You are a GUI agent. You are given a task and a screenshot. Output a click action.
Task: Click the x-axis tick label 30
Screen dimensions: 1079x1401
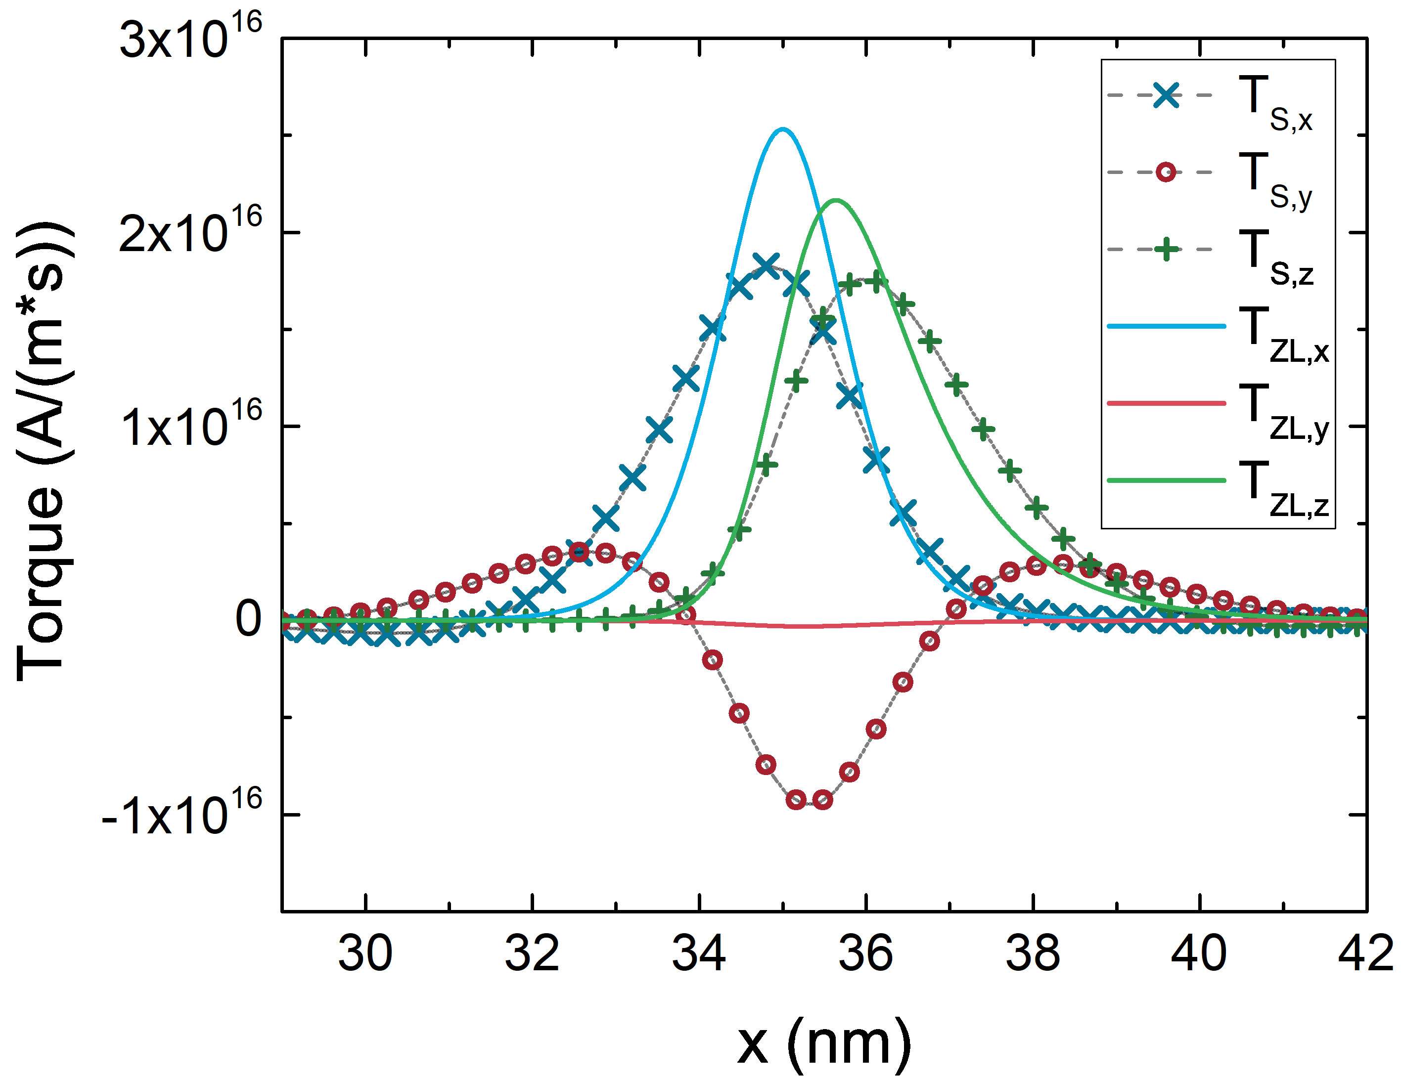coord(365,954)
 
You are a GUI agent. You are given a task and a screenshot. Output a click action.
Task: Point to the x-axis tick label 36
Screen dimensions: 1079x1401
coord(866,954)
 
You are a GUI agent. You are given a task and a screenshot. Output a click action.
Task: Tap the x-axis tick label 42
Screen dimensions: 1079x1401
coord(1365,954)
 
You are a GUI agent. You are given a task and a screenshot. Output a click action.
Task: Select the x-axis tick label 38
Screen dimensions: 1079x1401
coord(1033,954)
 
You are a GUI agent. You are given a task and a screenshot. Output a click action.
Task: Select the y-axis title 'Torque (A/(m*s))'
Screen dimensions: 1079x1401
coord(44,452)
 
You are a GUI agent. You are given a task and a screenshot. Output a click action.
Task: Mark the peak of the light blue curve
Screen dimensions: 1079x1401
coord(782,129)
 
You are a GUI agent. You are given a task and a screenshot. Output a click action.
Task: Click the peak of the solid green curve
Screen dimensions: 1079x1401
coord(836,201)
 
